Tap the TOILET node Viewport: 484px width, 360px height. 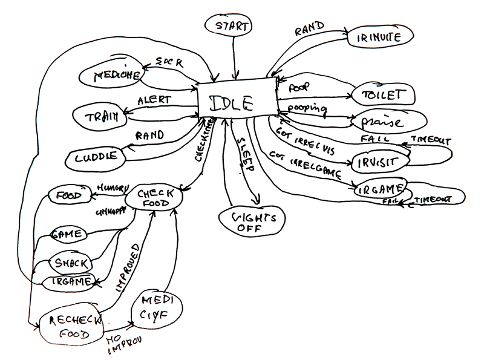pyautogui.click(x=382, y=95)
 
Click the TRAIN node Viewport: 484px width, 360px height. pyautogui.click(x=99, y=116)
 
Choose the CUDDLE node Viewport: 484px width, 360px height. pyautogui.click(x=97, y=159)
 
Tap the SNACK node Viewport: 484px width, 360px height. pyautogui.click(x=70, y=263)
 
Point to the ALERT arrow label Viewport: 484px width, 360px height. pyautogui.click(x=154, y=100)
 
